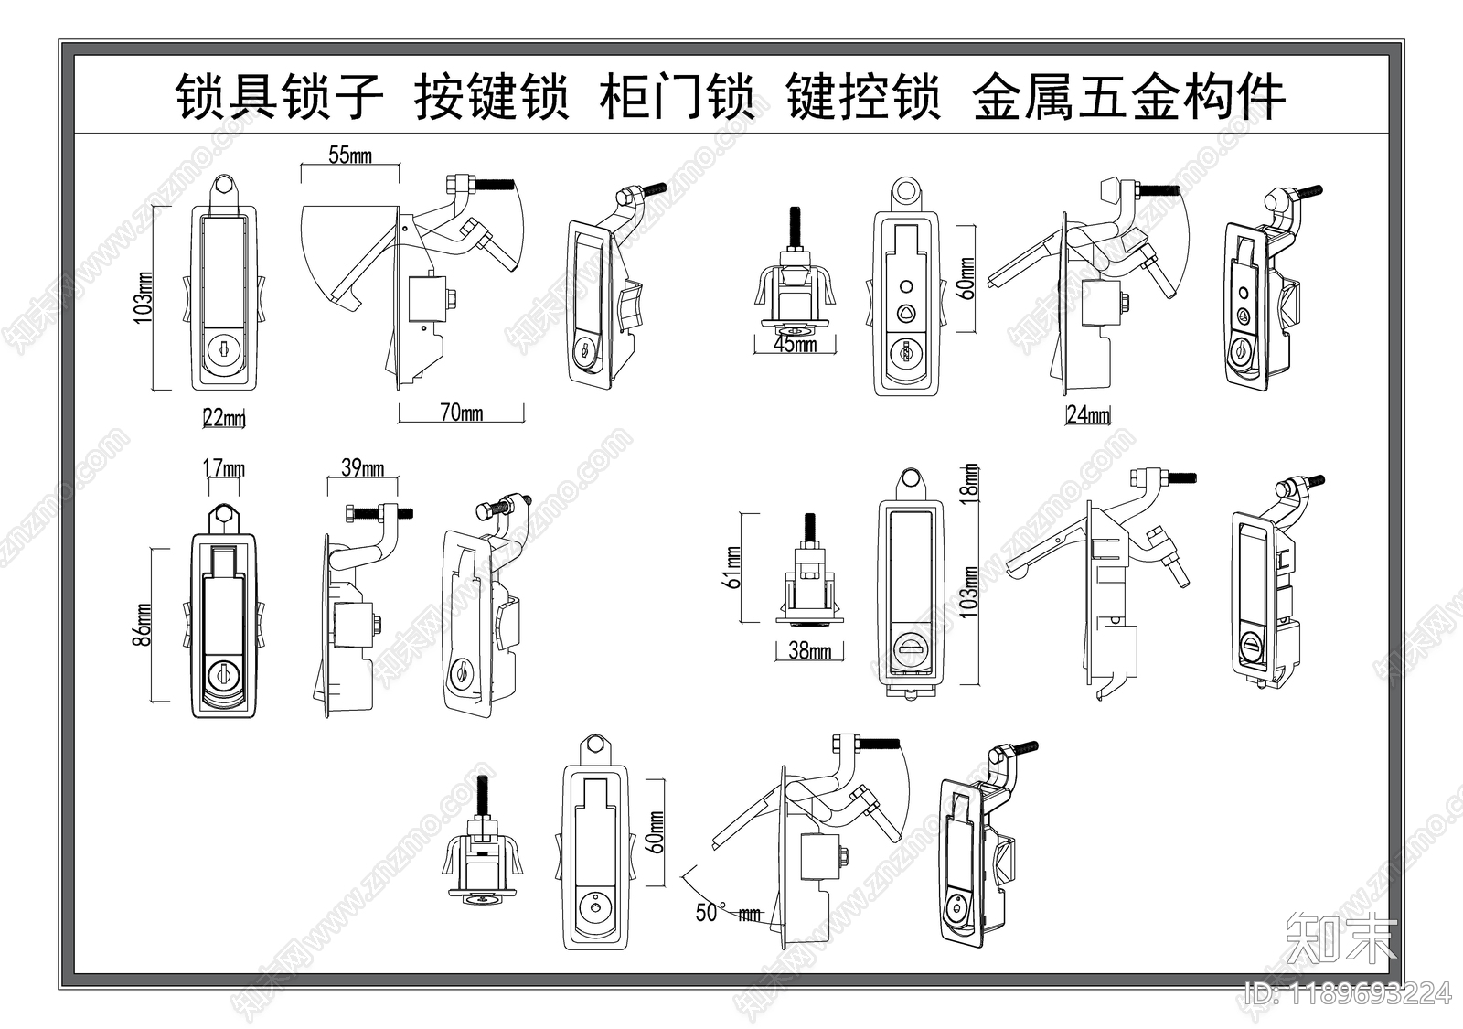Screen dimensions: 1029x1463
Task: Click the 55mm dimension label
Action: (x=350, y=155)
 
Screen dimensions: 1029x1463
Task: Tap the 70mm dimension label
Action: (x=462, y=413)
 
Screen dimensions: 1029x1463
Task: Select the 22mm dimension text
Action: (x=224, y=419)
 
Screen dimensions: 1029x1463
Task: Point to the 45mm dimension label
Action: (x=796, y=345)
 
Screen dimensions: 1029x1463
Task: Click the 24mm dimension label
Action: (x=1088, y=415)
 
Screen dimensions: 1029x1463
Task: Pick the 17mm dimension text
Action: (x=223, y=469)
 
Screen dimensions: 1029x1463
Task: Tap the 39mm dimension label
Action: (x=362, y=469)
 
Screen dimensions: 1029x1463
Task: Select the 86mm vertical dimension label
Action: (x=144, y=625)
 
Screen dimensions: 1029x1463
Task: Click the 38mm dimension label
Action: (x=809, y=651)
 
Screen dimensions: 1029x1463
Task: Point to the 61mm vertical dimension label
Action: (x=731, y=567)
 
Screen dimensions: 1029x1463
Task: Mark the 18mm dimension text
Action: (x=971, y=480)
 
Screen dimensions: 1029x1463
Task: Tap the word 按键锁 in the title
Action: (x=492, y=97)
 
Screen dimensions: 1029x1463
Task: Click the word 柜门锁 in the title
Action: (x=678, y=97)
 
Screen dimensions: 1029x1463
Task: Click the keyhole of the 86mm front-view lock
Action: (x=221, y=676)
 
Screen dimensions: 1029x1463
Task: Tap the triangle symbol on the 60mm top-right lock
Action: (x=906, y=314)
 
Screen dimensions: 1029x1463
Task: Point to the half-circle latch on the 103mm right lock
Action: (x=909, y=649)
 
